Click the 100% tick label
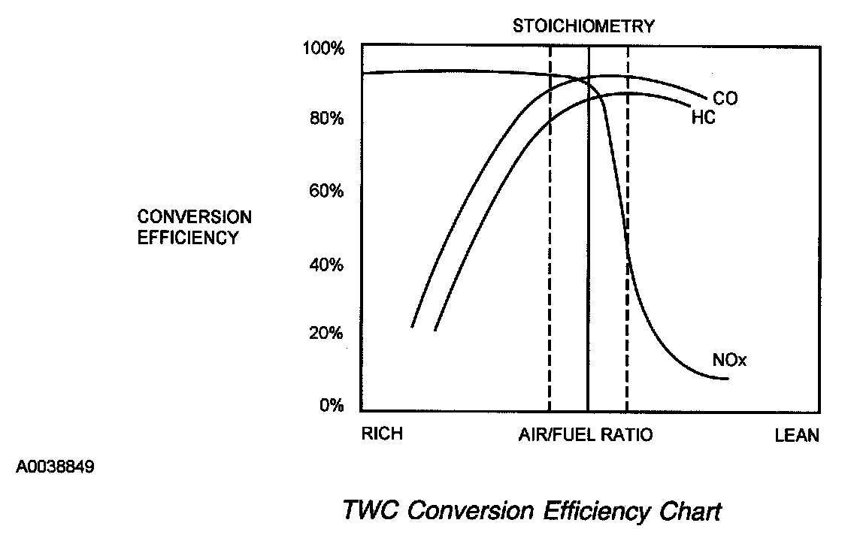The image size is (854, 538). pyautogui.click(x=323, y=49)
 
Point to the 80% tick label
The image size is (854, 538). pyautogui.click(x=326, y=119)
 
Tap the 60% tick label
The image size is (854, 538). pyautogui.click(x=326, y=191)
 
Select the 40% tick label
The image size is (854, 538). pyautogui.click(x=326, y=264)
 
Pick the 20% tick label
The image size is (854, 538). pyautogui.click(x=326, y=334)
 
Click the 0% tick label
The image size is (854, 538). pyautogui.click(x=329, y=407)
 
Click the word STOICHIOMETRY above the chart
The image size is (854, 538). pyautogui.click(x=583, y=26)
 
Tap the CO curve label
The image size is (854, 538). pyautogui.click(x=725, y=98)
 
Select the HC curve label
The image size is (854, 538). pyautogui.click(x=703, y=118)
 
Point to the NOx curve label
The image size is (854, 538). pyautogui.click(x=728, y=361)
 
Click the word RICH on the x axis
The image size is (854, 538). pyautogui.click(x=382, y=435)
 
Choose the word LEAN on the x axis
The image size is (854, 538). pyautogui.click(x=797, y=436)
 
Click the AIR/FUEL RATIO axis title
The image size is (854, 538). pyautogui.click(x=586, y=435)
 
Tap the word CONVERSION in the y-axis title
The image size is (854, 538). pyautogui.click(x=194, y=217)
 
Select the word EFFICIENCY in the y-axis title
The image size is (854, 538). pyautogui.click(x=188, y=237)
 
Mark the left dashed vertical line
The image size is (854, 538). pyautogui.click(x=550, y=225)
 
